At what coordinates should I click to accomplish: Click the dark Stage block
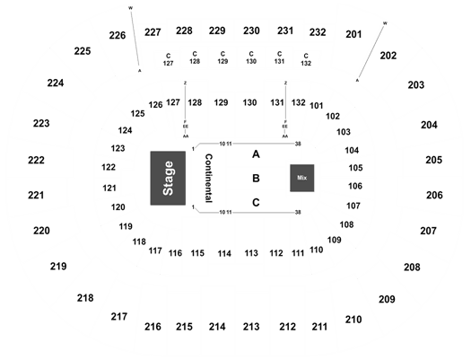[168, 178]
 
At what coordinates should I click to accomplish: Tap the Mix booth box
[302, 178]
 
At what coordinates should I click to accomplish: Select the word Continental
[209, 178]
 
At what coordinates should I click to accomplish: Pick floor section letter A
[256, 154]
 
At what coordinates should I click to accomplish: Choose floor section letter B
[256, 179]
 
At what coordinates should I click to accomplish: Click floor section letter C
[256, 203]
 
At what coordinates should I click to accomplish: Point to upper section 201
[353, 34]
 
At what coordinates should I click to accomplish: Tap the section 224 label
[56, 83]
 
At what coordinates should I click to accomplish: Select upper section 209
[387, 299]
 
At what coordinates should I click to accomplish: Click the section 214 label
[217, 327]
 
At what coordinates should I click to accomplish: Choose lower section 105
[355, 168]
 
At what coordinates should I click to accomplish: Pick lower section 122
[109, 167]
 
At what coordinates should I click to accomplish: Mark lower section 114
[224, 254]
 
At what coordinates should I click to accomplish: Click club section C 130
[251, 57]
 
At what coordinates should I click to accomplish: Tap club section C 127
[169, 59]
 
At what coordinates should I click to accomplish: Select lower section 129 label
[221, 102]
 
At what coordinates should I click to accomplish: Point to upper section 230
[251, 31]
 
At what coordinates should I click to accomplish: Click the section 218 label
[85, 298]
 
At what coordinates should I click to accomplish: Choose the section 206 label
[434, 196]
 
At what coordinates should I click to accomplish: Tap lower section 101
[317, 106]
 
